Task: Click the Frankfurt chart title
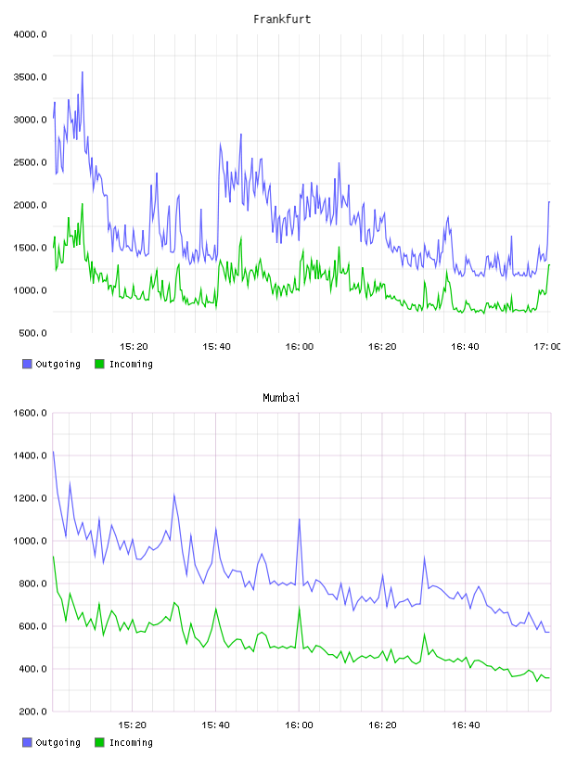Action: click(x=282, y=19)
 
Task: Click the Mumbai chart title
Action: click(x=281, y=397)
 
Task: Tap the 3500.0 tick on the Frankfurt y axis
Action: click(x=30, y=77)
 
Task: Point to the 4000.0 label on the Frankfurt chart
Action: click(x=30, y=34)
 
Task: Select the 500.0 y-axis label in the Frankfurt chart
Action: click(x=32, y=333)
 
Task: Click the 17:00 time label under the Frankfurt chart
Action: click(x=547, y=346)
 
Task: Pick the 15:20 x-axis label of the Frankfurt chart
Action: click(x=134, y=346)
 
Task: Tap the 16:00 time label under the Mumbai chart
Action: click(x=299, y=725)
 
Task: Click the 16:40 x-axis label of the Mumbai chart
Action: click(x=466, y=725)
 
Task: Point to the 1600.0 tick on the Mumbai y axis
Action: click(x=30, y=413)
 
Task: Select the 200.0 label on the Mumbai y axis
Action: click(x=32, y=712)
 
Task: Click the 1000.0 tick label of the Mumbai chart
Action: click(x=30, y=541)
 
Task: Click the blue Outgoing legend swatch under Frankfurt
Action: click(x=27, y=364)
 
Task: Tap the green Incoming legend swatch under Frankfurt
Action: click(x=99, y=364)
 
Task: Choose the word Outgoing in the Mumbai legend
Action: click(x=58, y=742)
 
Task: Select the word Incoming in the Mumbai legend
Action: click(x=131, y=742)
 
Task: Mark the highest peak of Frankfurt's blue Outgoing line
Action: click(x=82, y=72)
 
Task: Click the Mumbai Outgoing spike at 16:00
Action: click(x=300, y=520)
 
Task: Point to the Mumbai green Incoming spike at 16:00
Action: click(x=300, y=608)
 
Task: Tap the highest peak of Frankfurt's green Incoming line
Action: click(x=82, y=204)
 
